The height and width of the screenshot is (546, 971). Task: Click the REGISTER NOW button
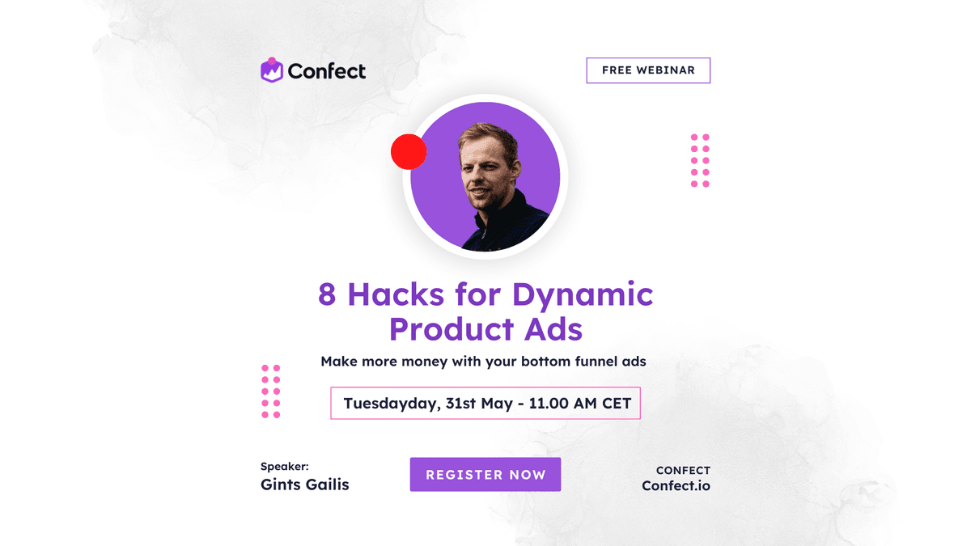point(485,475)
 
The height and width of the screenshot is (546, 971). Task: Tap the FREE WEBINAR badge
point(648,70)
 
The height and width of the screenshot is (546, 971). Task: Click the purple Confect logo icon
point(272,70)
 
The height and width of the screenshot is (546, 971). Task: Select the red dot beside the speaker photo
point(409,152)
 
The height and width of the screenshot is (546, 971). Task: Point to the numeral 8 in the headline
point(327,294)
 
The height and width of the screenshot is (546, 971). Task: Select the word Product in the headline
point(451,330)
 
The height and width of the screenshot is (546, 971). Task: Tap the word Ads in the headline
point(553,329)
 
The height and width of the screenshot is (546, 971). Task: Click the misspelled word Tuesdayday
point(392,404)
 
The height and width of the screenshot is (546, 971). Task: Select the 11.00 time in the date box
point(549,404)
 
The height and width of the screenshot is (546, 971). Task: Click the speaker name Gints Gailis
point(305,485)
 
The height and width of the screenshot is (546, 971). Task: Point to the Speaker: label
point(284,466)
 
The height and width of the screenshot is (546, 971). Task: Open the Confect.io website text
point(676,486)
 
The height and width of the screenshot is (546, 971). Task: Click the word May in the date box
point(497,404)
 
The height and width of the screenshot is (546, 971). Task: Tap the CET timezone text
point(617,404)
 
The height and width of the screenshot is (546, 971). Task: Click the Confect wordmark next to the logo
point(327,71)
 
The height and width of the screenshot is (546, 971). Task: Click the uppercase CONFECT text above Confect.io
point(683,470)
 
